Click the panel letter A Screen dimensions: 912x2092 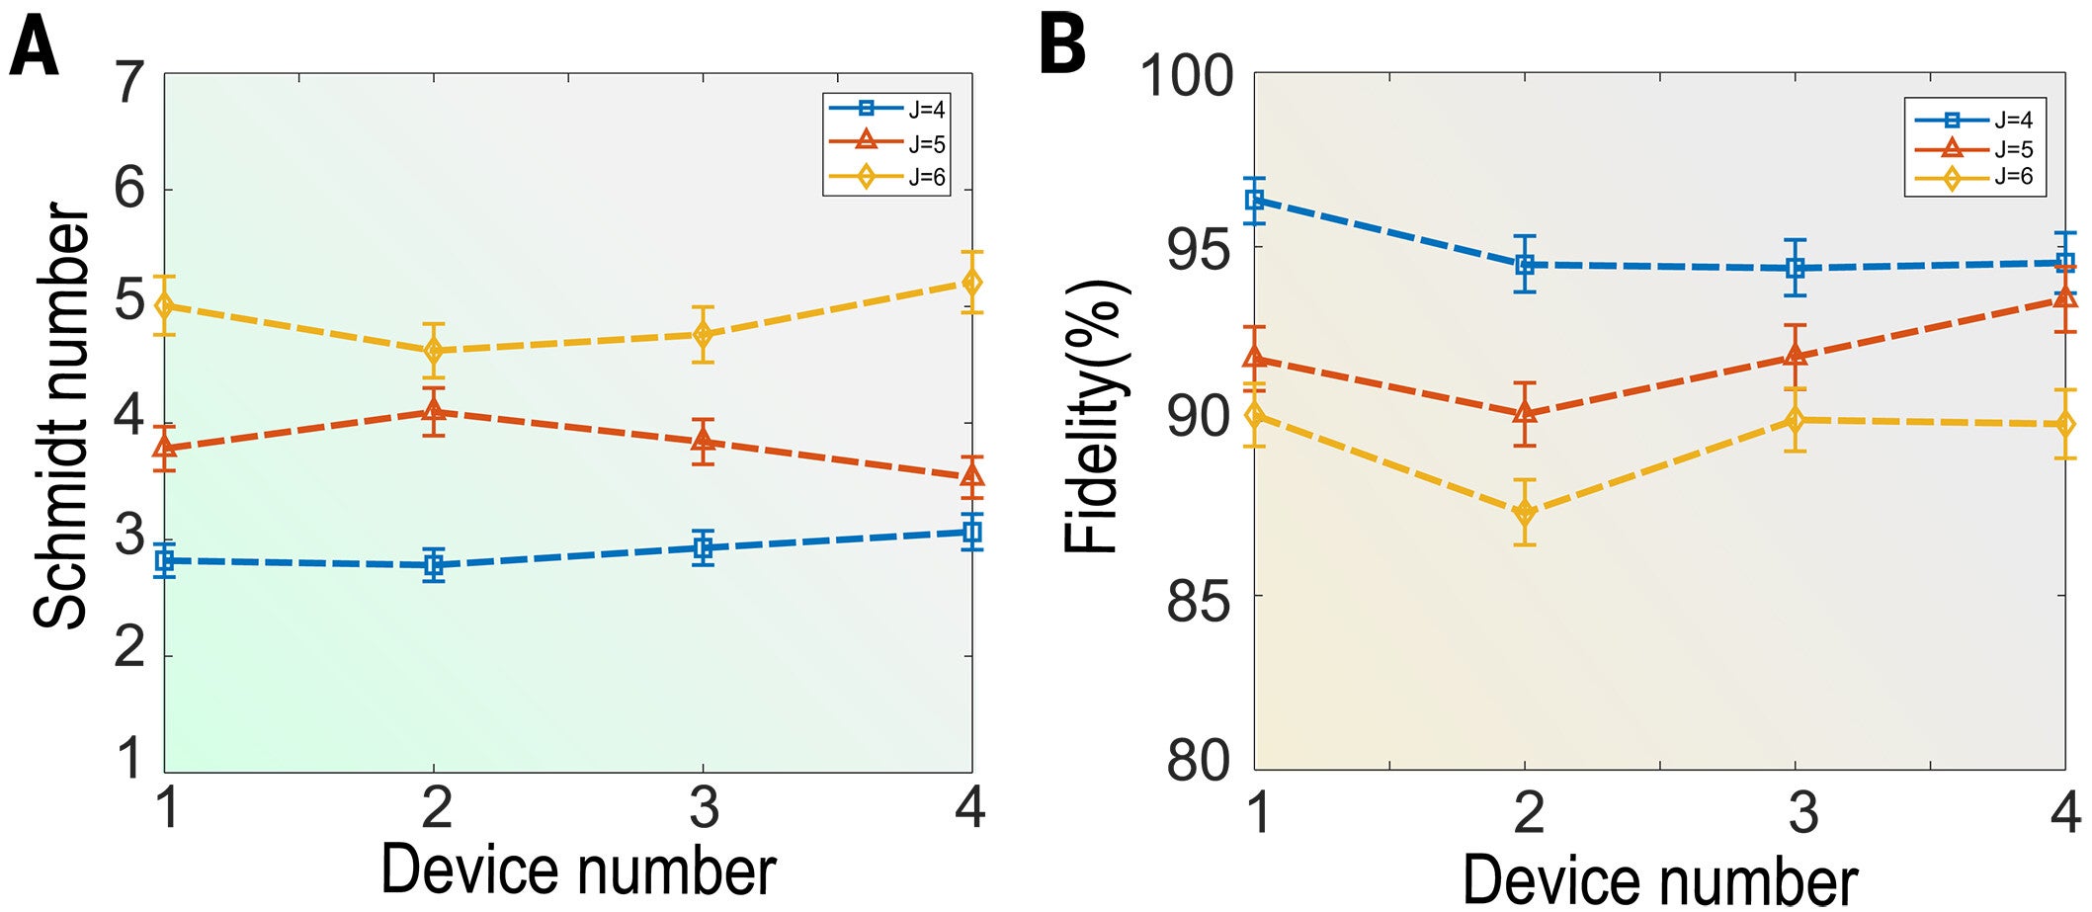33,47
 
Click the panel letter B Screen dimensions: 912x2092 1063,45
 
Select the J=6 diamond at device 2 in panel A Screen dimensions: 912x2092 433,351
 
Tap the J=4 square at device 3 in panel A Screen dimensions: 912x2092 703,547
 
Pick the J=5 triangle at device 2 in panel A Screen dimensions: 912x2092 433,411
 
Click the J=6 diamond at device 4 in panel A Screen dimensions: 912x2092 972,283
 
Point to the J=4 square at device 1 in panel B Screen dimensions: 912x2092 1255,201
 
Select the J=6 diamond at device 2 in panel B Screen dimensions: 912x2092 1525,512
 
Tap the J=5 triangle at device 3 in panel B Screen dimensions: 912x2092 1795,356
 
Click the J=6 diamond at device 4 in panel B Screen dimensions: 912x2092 2064,424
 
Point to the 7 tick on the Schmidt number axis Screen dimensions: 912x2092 129,83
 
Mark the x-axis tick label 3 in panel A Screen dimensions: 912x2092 704,808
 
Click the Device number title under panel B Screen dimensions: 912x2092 1659,879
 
